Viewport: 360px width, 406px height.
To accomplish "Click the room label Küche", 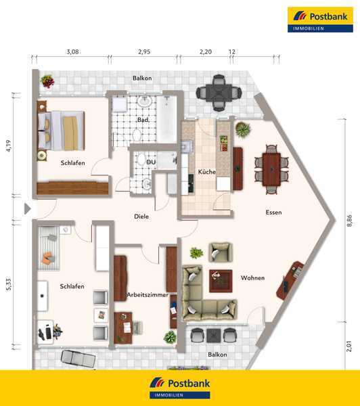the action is tap(206, 172).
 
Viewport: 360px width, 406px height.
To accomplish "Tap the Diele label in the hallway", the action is tap(141, 217).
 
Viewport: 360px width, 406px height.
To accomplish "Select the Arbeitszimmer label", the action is tap(148, 294).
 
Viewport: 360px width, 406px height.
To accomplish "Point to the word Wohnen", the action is tap(252, 278).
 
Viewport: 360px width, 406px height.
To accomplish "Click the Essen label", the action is tap(273, 212).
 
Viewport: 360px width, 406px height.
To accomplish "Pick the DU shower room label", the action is tap(151, 162).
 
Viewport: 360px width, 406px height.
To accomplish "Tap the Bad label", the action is tap(143, 120).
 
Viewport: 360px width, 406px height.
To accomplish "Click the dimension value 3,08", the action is tap(72, 52).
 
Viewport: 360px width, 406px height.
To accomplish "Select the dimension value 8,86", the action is tap(349, 221).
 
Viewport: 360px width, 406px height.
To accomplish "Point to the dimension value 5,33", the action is tap(9, 284).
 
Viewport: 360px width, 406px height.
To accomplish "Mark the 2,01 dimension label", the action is tap(349, 346).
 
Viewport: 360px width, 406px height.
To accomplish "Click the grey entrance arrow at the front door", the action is tap(28, 208).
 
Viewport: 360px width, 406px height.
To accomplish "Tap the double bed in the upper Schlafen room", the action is tap(61, 131).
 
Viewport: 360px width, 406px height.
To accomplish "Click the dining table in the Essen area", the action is tap(271, 170).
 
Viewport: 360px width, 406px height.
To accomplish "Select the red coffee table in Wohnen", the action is tap(221, 281).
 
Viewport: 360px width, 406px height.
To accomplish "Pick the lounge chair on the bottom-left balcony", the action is tap(78, 359).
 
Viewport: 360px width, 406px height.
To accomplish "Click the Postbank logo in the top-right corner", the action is tap(320, 20).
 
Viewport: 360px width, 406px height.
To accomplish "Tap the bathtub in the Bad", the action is tap(167, 119).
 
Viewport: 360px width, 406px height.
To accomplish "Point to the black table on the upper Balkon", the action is tap(219, 93).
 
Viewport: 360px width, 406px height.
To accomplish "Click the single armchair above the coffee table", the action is tap(221, 252).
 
